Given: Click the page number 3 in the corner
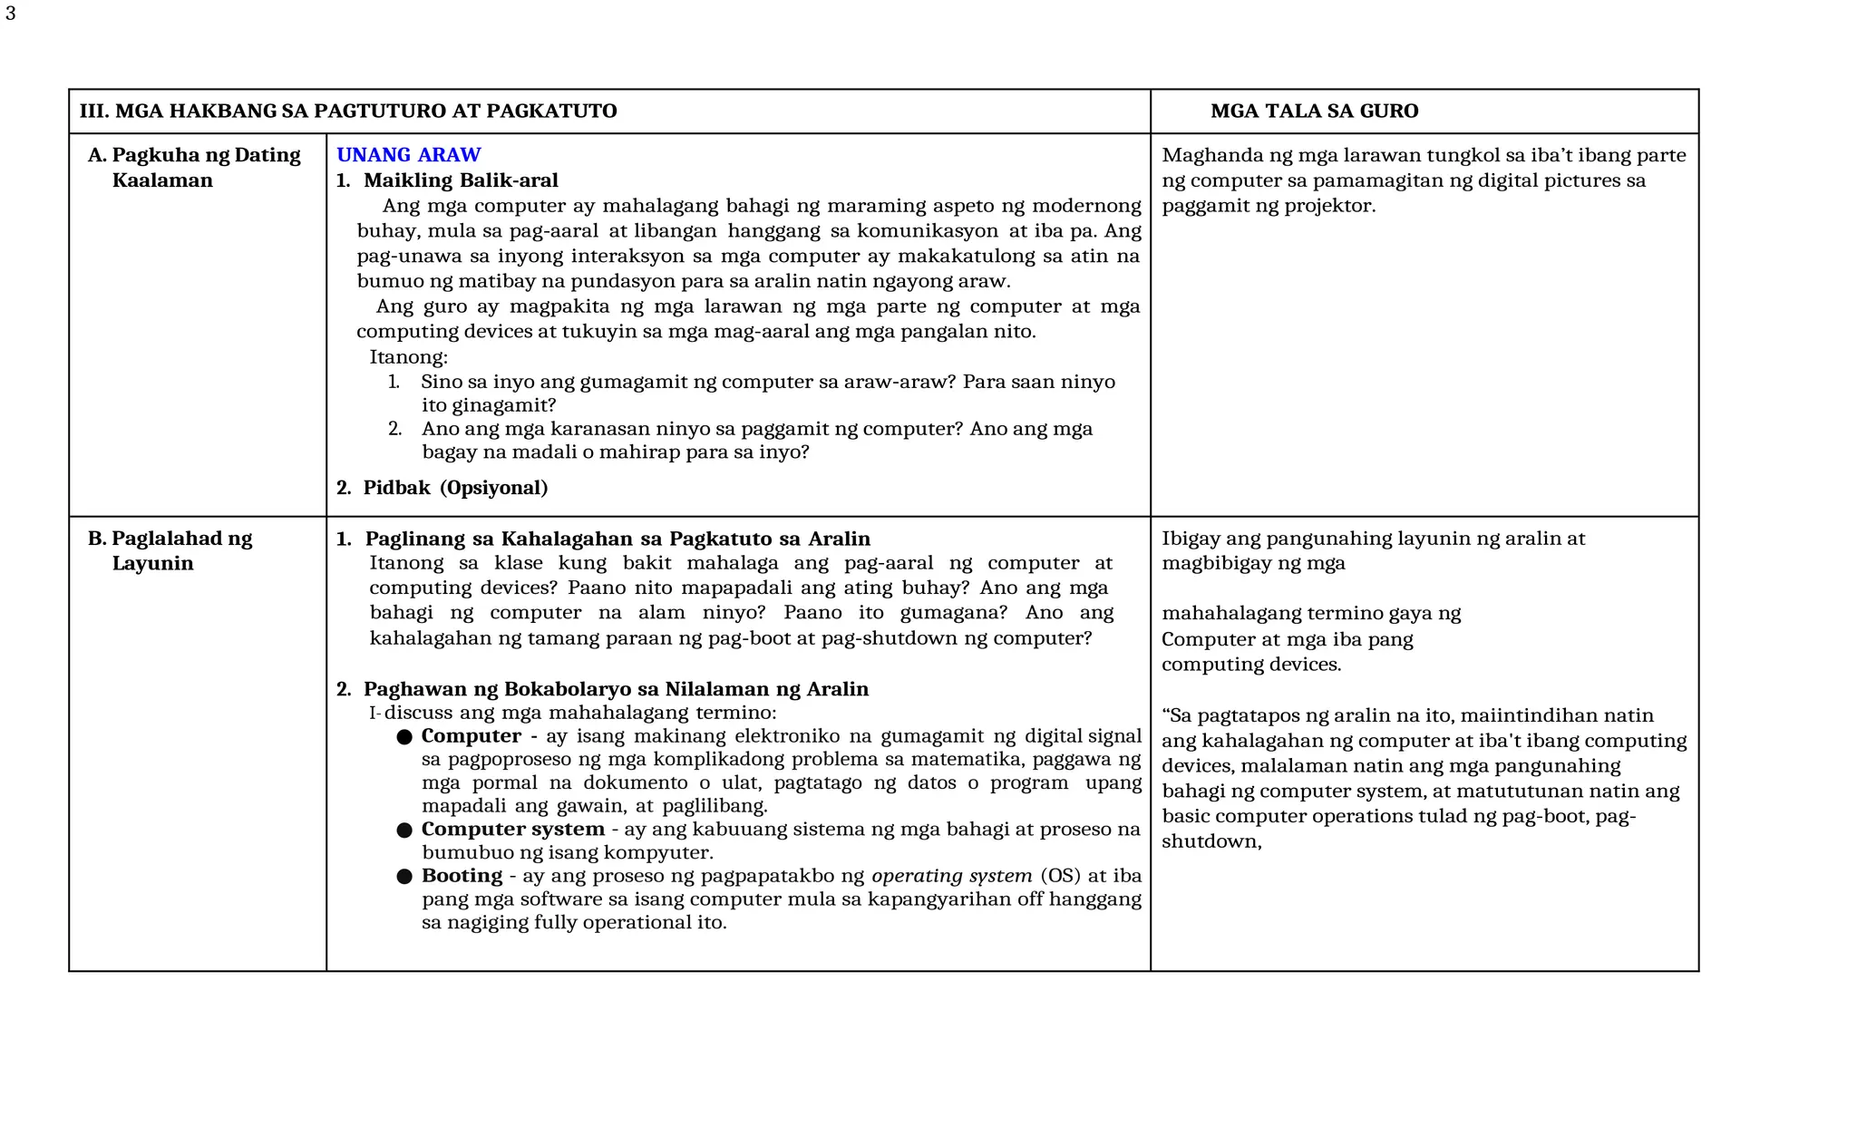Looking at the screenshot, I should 10,15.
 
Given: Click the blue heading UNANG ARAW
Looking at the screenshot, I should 408,155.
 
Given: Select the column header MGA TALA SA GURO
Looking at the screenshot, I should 1314,112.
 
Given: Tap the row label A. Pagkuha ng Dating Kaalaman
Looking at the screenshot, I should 193,168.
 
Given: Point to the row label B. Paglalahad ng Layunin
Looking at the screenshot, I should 170,550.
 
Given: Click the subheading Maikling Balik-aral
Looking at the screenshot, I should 460,180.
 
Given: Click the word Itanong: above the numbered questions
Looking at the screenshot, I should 408,357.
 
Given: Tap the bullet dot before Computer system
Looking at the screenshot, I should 404,831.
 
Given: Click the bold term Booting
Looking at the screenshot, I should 462,876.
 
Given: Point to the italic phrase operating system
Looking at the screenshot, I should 951,876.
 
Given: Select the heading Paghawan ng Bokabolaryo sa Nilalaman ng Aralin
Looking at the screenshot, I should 616,689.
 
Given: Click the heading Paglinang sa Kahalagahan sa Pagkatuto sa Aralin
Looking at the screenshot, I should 617,539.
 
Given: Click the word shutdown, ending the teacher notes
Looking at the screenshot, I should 1211,841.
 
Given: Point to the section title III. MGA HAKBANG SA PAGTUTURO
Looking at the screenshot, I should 347,112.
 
